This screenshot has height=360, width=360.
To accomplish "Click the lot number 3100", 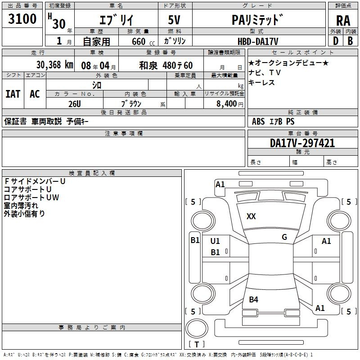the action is coord(22,19).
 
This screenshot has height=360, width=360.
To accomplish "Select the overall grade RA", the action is coord(343,21).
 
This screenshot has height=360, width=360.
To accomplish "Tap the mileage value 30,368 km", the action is coord(54,65).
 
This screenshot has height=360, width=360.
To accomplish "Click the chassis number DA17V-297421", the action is coord(302,143).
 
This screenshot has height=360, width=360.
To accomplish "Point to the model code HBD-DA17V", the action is coord(258,41).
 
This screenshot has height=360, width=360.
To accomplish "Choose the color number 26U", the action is coord(75,104).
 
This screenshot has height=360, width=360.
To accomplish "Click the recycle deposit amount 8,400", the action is coord(226,104).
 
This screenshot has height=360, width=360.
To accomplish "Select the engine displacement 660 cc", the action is coord(143,42).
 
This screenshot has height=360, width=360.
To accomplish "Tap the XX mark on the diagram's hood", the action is coord(251,216).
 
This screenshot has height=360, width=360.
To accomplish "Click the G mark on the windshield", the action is coord(284,237).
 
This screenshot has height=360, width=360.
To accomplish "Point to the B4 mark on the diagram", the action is coord(253,299).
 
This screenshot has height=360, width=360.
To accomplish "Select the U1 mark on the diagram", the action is coord(215,241).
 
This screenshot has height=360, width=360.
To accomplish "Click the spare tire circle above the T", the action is coord(197,328).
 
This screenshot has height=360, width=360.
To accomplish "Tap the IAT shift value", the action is coord(13,94).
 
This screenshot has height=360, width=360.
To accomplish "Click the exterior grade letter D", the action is coord(336,41).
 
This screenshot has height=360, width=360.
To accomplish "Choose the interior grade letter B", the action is coord(350,41).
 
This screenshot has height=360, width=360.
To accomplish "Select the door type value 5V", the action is coord(174,20).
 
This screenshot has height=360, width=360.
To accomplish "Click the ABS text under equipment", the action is coord(258,121).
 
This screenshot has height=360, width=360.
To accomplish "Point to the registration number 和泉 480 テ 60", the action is coord(166,65).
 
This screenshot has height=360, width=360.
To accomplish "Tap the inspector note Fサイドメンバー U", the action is coord(35,181).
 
